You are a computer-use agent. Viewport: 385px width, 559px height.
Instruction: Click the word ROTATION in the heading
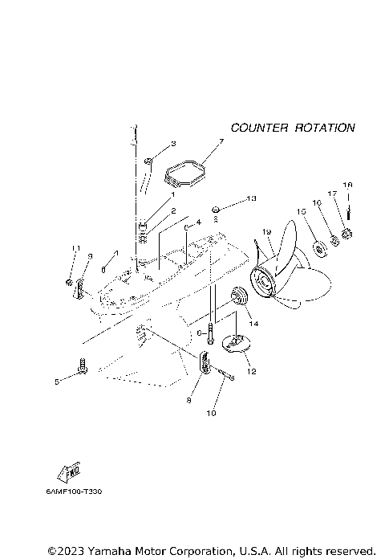tap(324, 128)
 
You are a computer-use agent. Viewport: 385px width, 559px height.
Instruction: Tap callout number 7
tap(221, 142)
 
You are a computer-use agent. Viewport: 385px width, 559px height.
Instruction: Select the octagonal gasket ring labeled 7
tap(185, 175)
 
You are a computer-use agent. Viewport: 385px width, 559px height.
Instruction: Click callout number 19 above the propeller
tap(267, 233)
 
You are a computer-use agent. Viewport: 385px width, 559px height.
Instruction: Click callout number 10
tap(213, 414)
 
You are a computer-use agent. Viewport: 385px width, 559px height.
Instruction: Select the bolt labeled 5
tap(83, 369)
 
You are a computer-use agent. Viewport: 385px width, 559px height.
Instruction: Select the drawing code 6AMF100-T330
tap(73, 490)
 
